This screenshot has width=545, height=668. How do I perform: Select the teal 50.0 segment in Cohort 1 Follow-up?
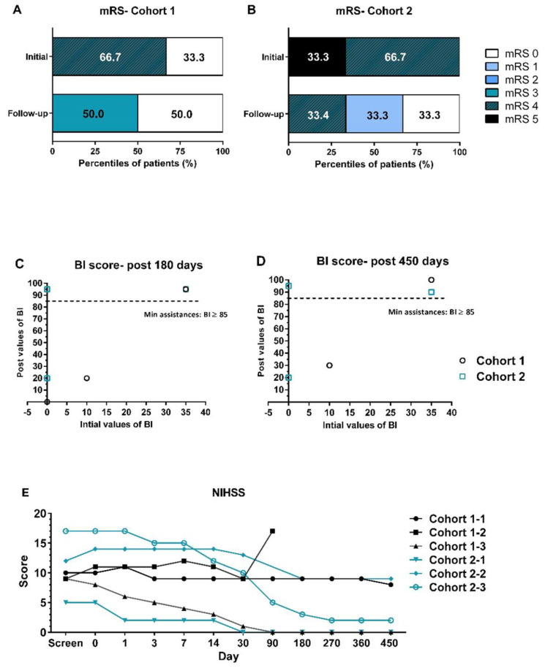(x=95, y=116)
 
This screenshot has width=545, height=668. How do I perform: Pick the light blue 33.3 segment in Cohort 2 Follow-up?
(x=374, y=116)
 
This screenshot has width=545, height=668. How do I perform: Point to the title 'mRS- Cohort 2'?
(x=373, y=10)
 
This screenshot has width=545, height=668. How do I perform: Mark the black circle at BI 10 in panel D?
(x=329, y=365)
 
